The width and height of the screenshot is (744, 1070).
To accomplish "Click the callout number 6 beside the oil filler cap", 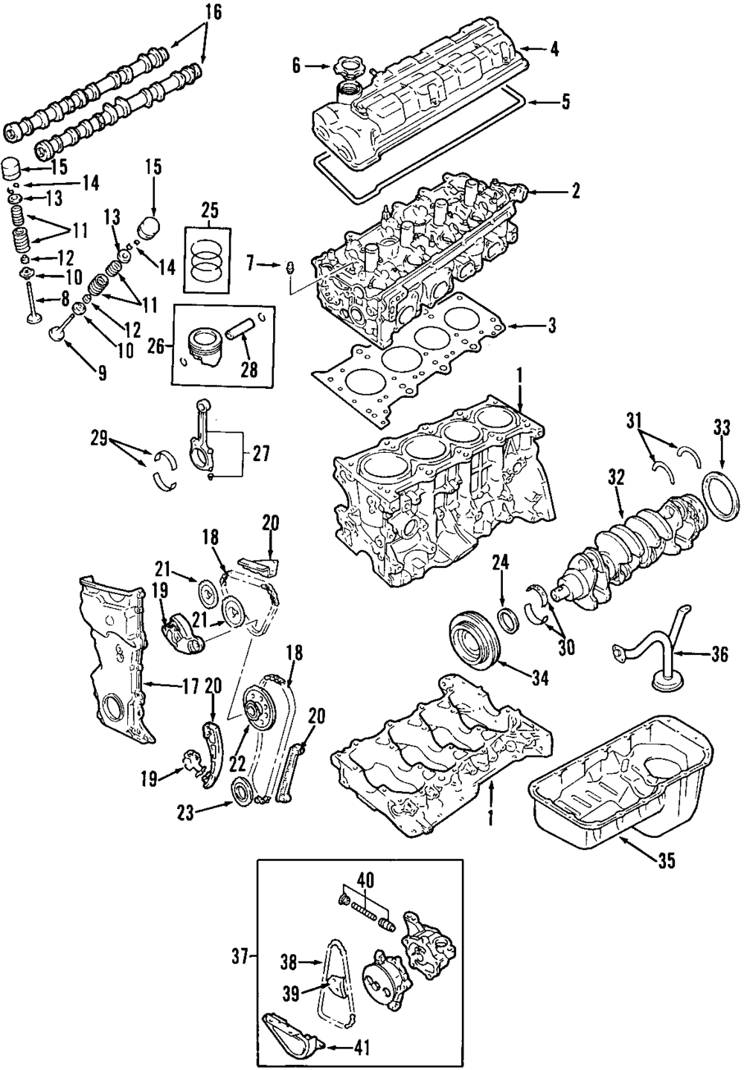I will click(x=296, y=66).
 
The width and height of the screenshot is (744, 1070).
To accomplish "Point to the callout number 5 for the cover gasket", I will click(x=565, y=101).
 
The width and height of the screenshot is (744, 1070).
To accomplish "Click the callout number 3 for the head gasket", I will click(x=551, y=326).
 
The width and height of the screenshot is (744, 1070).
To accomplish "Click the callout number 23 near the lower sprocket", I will click(x=185, y=813).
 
